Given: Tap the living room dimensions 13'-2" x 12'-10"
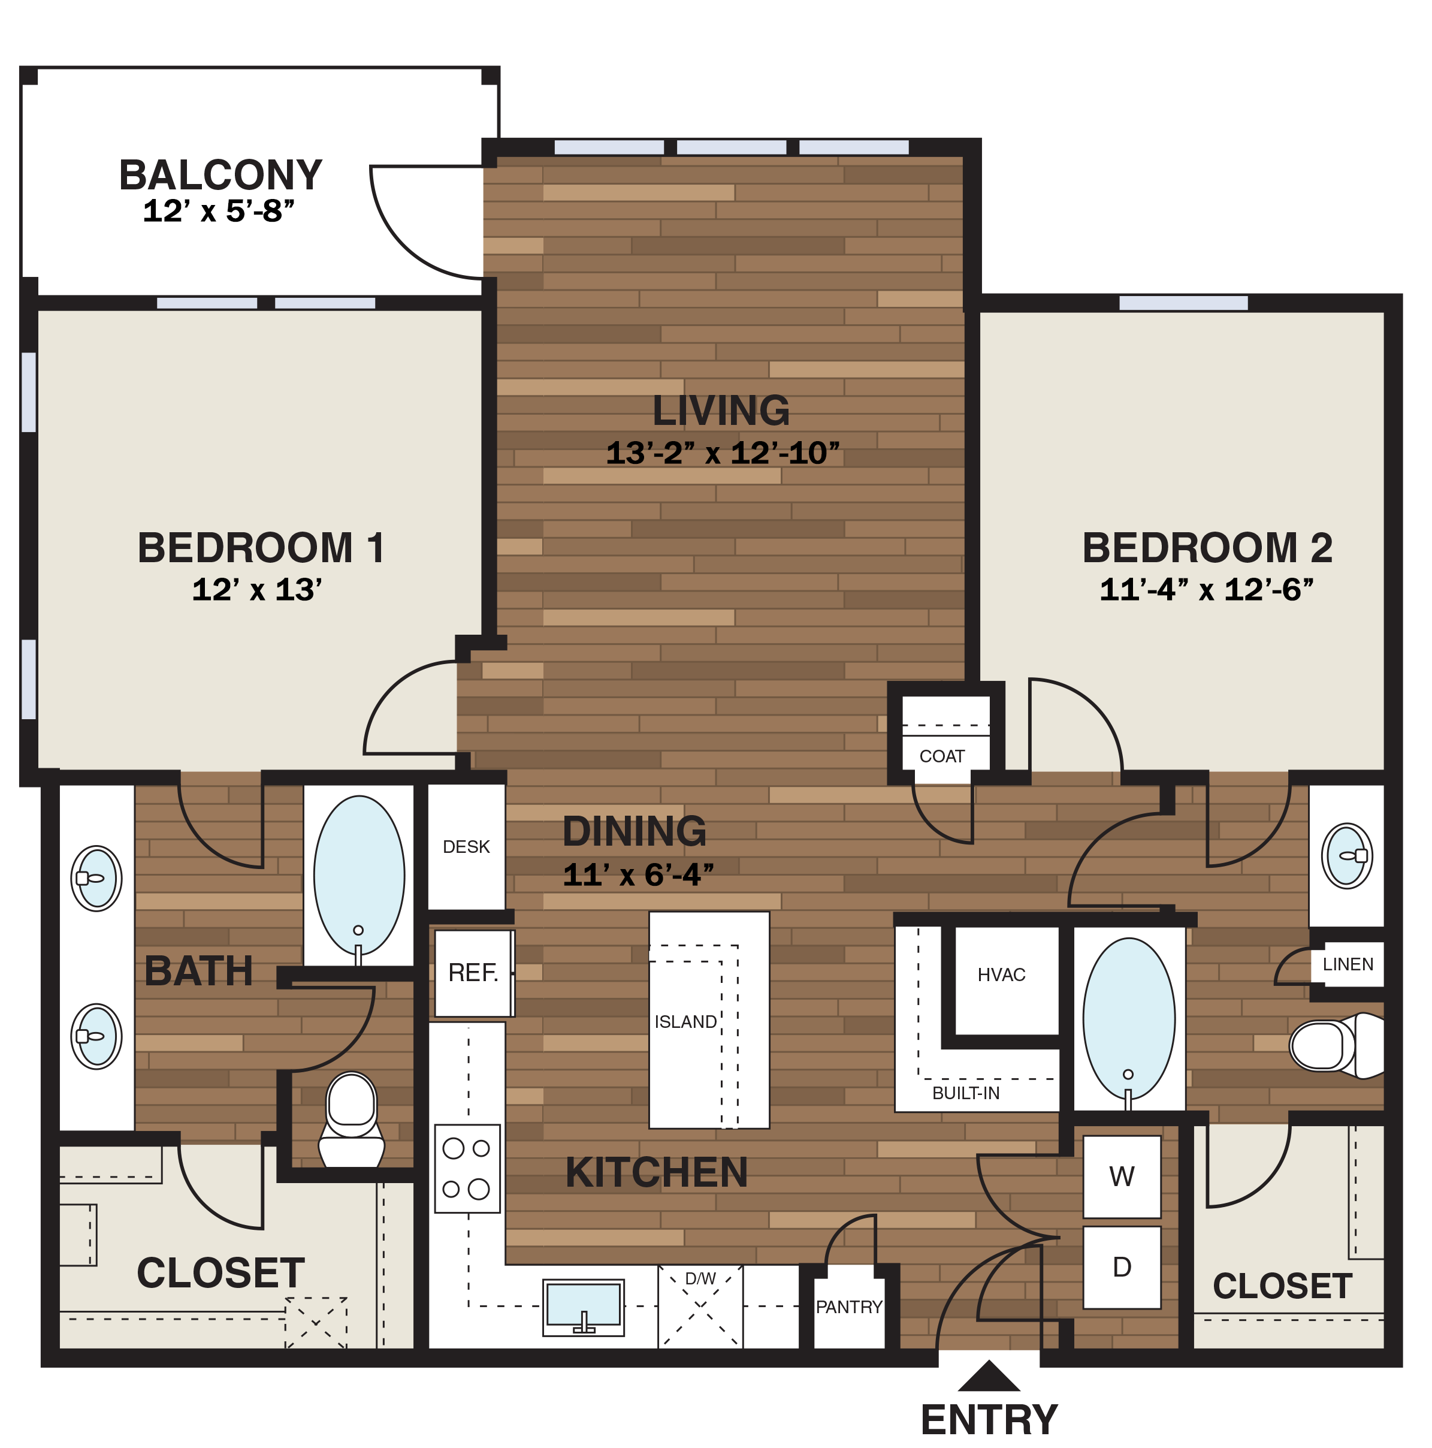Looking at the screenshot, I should point(721,452).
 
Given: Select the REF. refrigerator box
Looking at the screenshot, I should point(473,973).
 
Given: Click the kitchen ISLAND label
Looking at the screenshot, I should point(685,1021).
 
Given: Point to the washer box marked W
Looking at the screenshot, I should point(1121,1176).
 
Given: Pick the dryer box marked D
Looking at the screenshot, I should point(1121,1266).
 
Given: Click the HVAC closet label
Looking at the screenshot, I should point(1001,975).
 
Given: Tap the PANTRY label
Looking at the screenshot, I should point(848,1307).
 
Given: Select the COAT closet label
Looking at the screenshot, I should point(941,756).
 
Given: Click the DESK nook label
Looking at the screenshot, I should point(466,846).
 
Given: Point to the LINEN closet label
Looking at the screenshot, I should point(1348,964).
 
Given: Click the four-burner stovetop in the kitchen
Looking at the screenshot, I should point(467,1169).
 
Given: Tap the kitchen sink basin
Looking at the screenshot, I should point(583,1305).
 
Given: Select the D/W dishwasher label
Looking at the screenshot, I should point(700,1278).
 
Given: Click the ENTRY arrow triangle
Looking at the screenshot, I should point(989,1377).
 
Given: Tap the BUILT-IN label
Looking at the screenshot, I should point(965,1093).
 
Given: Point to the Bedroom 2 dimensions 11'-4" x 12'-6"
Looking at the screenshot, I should point(1206,590).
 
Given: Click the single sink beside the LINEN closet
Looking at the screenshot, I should point(1346,855).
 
